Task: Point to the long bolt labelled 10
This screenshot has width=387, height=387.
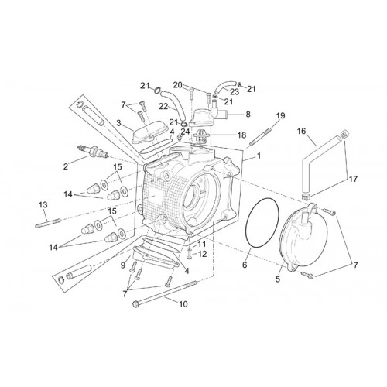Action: (x=164, y=293)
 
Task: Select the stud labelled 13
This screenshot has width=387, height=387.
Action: (x=48, y=223)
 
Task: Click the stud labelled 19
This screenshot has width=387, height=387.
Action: (x=260, y=136)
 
